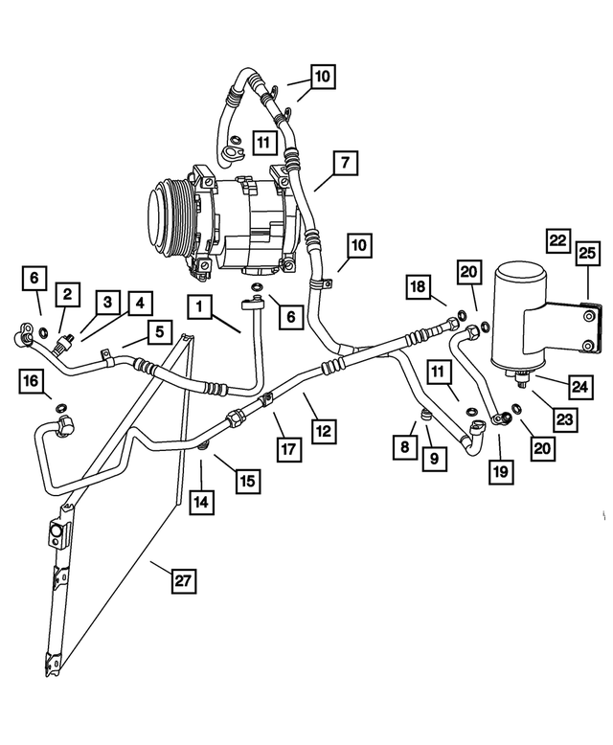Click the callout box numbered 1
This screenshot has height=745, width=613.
[199, 307]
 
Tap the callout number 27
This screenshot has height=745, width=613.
[182, 578]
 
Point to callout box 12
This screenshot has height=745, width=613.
[325, 432]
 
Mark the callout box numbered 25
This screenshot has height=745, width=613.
[586, 253]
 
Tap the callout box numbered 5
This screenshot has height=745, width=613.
[156, 332]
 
